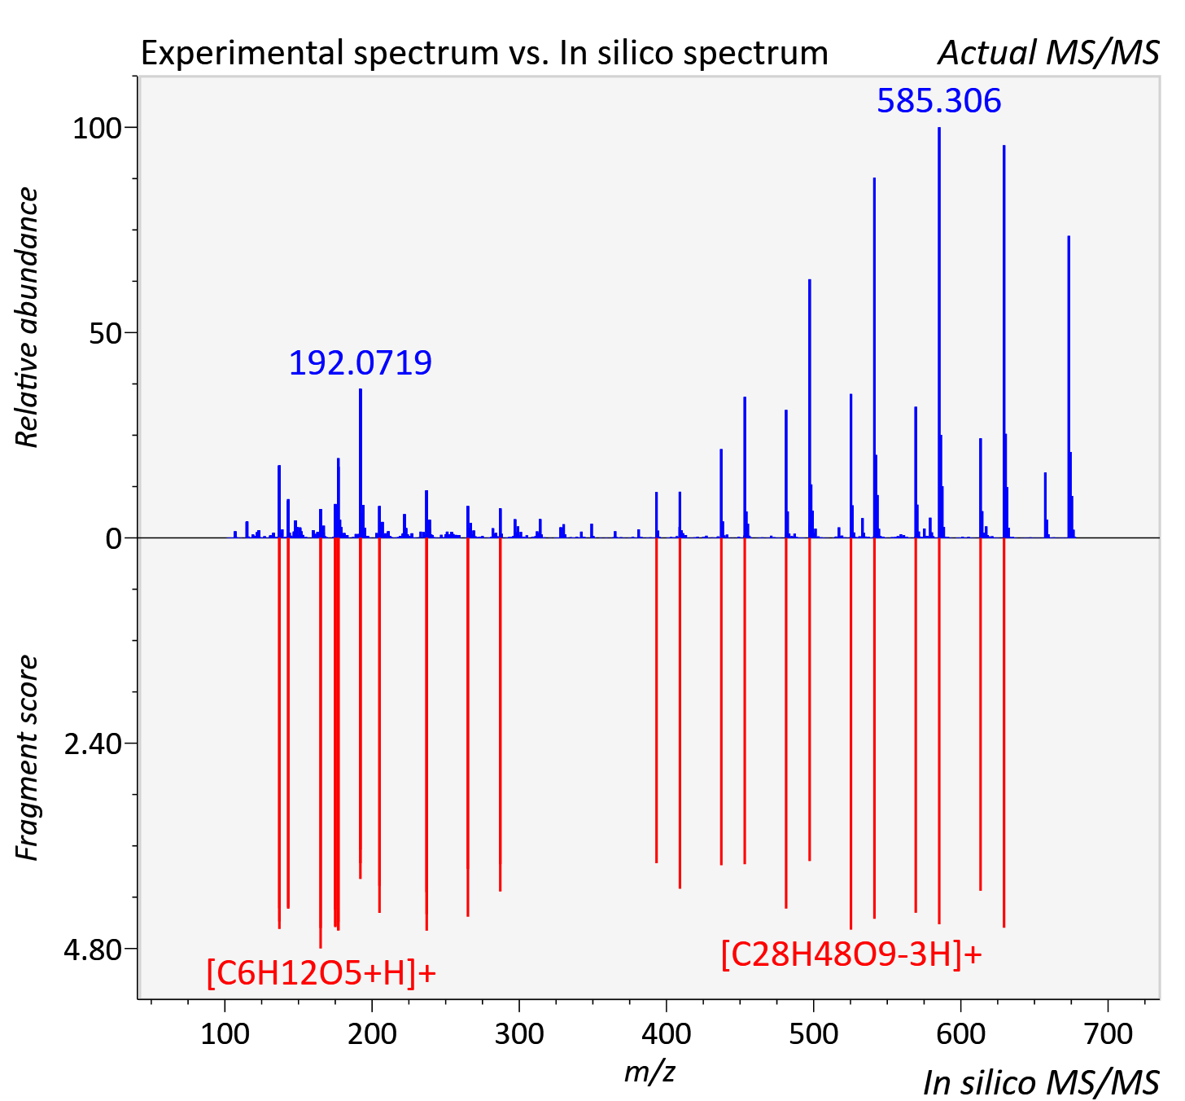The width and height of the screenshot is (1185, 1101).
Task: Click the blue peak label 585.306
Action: click(x=938, y=101)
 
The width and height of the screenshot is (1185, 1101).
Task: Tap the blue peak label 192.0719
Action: click(x=361, y=363)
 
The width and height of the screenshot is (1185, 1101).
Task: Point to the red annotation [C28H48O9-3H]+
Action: click(x=851, y=954)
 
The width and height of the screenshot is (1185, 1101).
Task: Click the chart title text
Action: click(x=484, y=53)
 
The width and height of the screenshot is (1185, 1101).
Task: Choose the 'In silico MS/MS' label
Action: click(x=1041, y=1082)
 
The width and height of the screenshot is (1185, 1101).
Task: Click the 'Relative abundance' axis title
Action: click(x=27, y=317)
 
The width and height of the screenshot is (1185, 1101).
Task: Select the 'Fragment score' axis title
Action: click(x=27, y=757)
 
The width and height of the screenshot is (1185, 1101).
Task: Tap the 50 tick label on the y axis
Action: click(x=105, y=333)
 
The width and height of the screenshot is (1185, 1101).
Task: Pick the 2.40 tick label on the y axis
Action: click(x=93, y=744)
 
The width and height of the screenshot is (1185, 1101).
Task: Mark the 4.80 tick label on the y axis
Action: click(x=93, y=950)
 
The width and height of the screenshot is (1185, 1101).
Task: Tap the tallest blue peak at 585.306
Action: click(x=939, y=332)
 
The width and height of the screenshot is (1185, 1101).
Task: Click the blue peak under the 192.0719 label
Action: click(x=361, y=463)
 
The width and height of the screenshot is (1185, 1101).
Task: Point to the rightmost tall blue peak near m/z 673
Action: click(x=1069, y=387)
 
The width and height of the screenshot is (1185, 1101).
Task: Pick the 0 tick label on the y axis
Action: click(x=113, y=539)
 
